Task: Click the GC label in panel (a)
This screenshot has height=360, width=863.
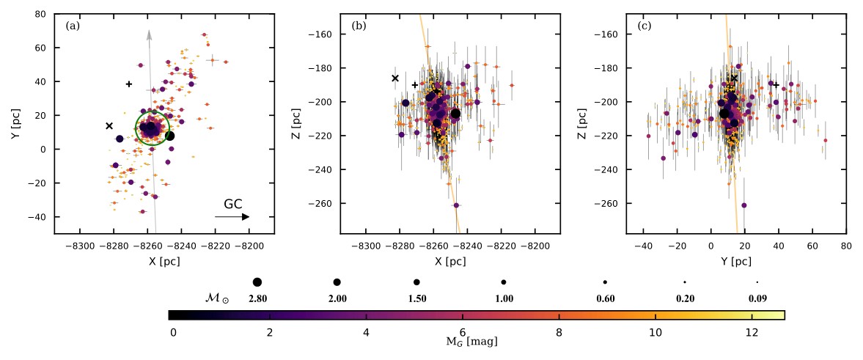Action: tap(233, 205)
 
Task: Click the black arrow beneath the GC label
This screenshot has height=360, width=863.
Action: tap(232, 217)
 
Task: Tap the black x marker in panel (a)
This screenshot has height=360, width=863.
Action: tap(109, 126)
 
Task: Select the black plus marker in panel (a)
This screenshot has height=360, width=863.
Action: tap(129, 84)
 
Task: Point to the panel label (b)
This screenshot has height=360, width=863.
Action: tap(359, 26)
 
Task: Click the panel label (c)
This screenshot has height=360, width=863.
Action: tap(645, 26)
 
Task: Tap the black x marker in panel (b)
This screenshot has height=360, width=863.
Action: tap(395, 78)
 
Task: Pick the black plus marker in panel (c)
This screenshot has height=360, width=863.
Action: tap(776, 85)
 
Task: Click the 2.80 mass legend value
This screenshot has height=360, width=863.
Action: tap(257, 298)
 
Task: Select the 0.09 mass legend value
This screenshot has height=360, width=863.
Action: tap(757, 298)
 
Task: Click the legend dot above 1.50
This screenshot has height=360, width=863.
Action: tap(416, 282)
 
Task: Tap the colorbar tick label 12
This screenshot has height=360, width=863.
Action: tap(752, 332)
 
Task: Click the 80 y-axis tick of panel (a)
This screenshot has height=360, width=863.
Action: tap(41, 14)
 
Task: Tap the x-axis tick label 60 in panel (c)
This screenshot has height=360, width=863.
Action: tap(812, 246)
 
